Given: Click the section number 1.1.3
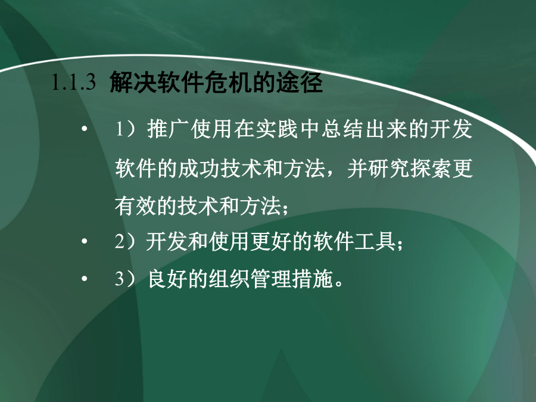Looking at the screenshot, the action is click(x=73, y=82).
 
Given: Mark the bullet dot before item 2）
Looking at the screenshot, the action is click(x=85, y=241).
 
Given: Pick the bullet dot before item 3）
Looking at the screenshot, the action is click(x=85, y=279).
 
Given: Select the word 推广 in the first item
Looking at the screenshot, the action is click(x=168, y=129).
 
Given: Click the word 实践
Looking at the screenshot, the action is click(x=276, y=129).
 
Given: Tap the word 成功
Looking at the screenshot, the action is click(x=199, y=169).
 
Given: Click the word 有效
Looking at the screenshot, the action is click(x=136, y=206).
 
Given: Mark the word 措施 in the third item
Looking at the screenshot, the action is click(x=313, y=279).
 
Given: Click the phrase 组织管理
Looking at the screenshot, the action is click(x=251, y=279).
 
